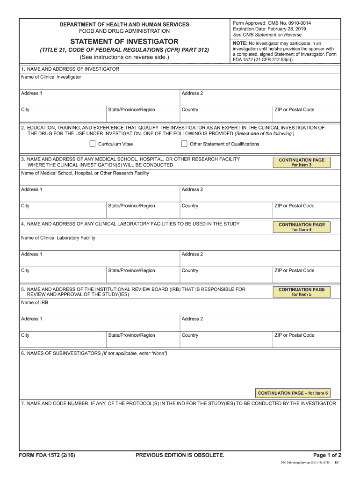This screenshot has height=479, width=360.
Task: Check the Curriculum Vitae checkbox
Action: [92, 144]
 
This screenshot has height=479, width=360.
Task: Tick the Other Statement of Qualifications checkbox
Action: [184, 144]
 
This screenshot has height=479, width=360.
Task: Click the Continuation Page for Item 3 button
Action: [302, 162]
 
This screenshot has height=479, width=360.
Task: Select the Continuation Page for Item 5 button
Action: [302, 292]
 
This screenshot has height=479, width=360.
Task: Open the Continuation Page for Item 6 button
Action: [293, 393]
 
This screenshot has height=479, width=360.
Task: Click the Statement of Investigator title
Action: [124, 42]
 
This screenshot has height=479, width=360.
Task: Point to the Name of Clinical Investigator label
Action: [51, 77]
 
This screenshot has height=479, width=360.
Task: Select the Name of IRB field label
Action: [35, 303]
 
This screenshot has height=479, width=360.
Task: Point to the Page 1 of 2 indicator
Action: [327, 455]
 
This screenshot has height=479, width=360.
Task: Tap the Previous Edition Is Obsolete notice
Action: [180, 455]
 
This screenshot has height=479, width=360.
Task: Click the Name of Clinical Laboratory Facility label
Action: [58, 238]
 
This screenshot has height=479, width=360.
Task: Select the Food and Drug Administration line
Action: [124, 31]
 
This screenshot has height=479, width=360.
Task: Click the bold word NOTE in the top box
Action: [240, 43]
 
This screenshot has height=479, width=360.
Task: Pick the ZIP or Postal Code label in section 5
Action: [294, 335]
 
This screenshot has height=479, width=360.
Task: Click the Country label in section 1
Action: [190, 110]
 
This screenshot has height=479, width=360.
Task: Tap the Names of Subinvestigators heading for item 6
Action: [94, 353]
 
